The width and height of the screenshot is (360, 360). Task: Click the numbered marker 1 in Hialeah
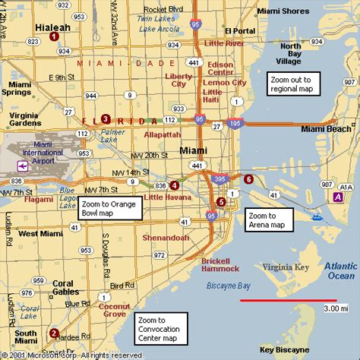(x=54, y=36)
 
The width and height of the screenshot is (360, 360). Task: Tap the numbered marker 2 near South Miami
(x=54, y=333)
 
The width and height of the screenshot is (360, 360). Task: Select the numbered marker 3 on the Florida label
(x=106, y=118)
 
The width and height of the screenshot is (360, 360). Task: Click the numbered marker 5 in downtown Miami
(x=221, y=201)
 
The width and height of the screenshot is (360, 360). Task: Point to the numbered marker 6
(x=249, y=178)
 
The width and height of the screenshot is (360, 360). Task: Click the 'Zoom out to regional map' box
(x=295, y=84)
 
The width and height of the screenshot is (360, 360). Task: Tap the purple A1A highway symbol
(x=337, y=197)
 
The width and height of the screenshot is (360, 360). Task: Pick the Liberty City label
(x=181, y=81)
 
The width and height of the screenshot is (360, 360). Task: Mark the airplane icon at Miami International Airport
(x=14, y=164)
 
